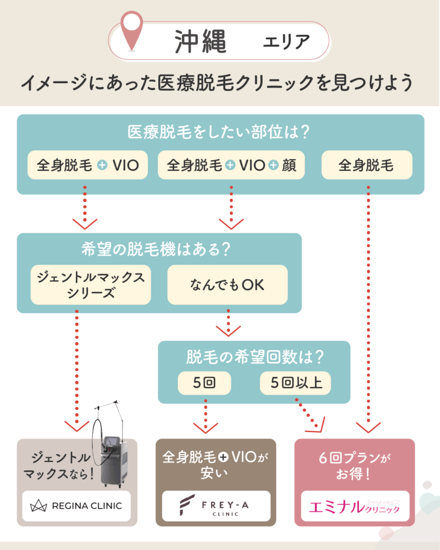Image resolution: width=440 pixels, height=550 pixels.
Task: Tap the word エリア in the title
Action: [x=286, y=42]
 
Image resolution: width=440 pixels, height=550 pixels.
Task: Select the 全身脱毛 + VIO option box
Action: [x=88, y=165]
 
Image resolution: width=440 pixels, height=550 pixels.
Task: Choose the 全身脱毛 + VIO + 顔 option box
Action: [x=231, y=165]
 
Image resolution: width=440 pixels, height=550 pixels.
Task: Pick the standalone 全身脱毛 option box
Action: [x=366, y=165]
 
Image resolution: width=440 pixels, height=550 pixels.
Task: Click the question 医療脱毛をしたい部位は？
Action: [x=220, y=132]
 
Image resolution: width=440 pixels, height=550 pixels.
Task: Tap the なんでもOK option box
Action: [x=227, y=285]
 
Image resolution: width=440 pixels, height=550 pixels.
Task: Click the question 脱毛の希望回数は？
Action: [x=254, y=357]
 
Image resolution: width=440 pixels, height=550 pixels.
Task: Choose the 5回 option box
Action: [x=205, y=383]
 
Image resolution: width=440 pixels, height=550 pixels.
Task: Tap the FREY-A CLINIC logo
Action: [x=215, y=506]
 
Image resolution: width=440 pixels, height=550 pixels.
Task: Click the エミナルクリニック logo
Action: [x=355, y=506]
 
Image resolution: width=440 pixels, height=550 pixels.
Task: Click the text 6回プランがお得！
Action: [x=355, y=466]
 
